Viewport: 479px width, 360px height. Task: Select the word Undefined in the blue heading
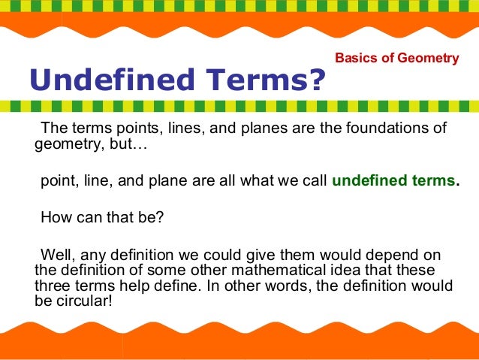[x=101, y=78]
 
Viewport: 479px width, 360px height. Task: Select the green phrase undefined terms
[x=393, y=180]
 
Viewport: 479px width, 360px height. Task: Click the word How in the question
[x=55, y=218]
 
